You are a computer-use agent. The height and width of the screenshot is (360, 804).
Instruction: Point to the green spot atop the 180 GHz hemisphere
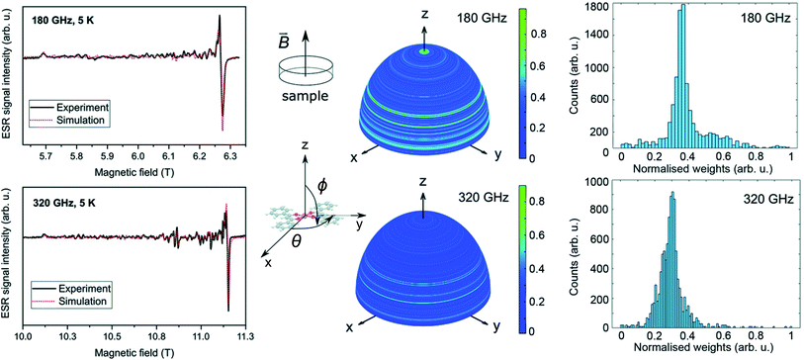(x=423, y=50)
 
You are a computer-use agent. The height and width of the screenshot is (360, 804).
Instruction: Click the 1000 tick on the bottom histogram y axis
(x=597, y=181)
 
